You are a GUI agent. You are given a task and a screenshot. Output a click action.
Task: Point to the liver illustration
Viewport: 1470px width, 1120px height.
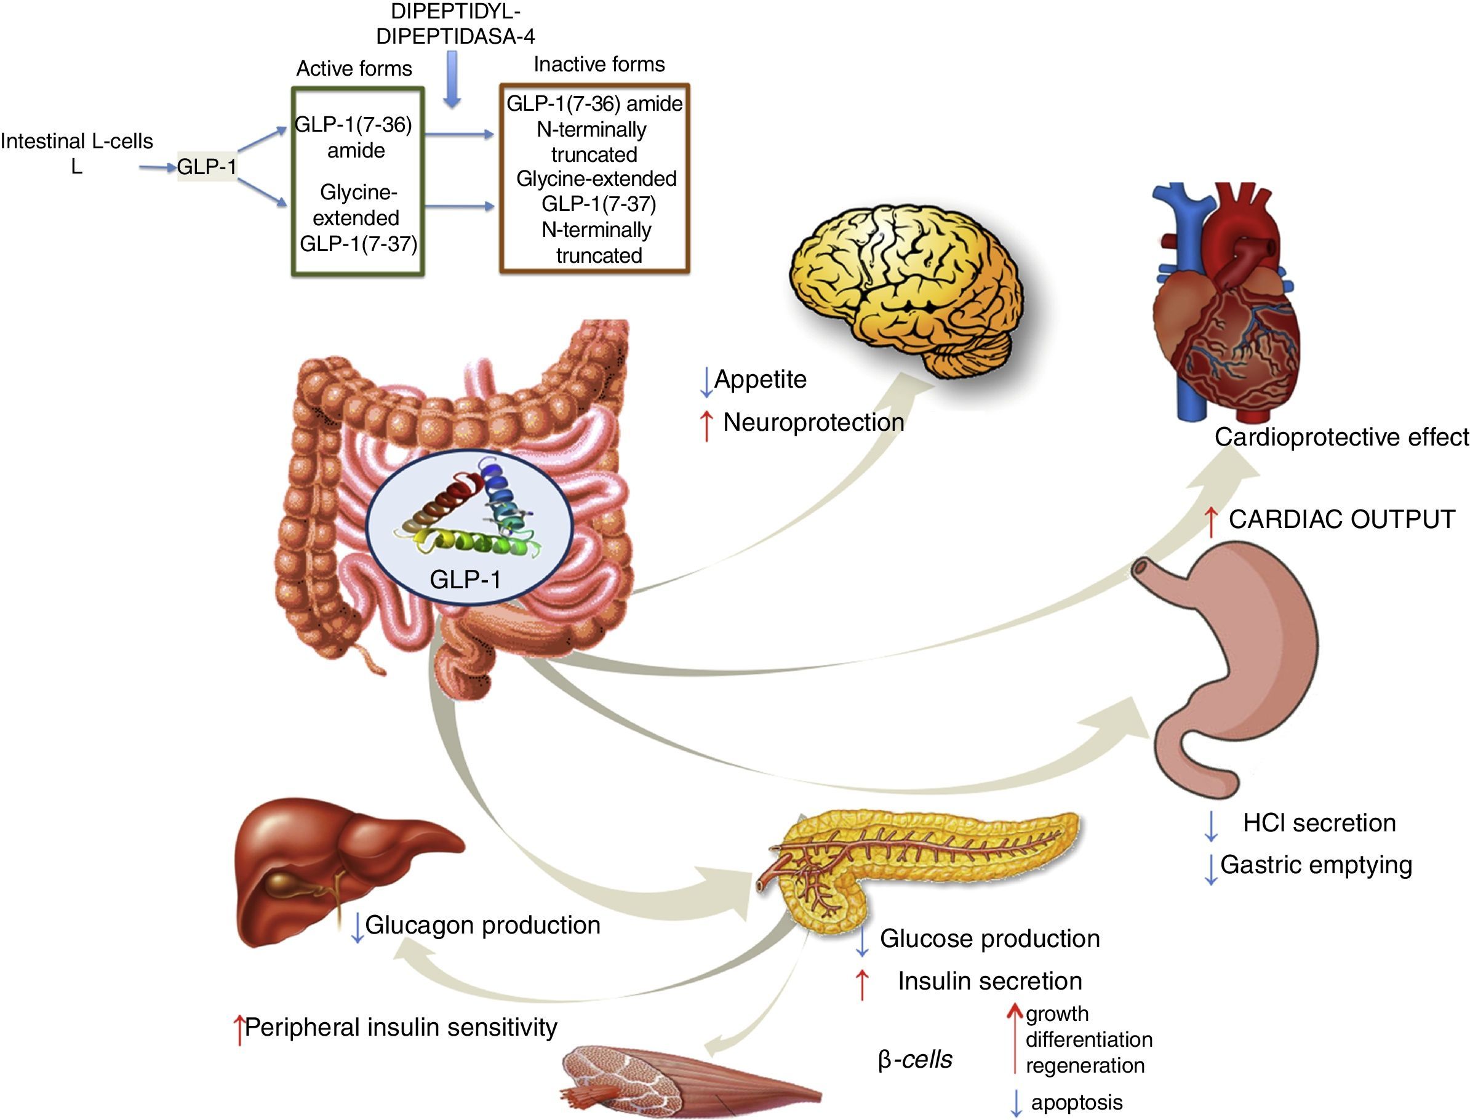point(334,866)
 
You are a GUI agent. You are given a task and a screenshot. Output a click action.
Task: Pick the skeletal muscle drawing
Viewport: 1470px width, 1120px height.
point(687,1080)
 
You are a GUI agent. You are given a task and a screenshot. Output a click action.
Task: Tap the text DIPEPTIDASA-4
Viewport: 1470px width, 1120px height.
point(455,36)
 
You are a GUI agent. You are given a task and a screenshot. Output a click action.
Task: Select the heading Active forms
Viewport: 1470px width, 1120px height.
point(354,69)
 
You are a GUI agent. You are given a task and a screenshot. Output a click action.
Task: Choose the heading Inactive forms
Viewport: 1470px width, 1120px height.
point(599,64)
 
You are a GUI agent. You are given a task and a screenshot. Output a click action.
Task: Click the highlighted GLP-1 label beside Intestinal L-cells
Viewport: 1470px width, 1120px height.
point(207,167)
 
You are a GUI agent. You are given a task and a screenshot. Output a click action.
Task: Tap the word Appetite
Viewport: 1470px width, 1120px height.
point(760,379)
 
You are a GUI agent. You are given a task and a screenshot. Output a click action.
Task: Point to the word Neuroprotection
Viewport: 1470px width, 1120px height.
point(813,422)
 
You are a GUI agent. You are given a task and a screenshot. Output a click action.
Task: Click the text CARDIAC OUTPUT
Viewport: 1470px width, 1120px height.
point(1341,519)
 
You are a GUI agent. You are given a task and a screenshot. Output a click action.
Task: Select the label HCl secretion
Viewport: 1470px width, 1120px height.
point(1319,823)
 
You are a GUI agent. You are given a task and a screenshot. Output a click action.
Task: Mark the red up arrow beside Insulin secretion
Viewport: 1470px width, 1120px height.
point(862,984)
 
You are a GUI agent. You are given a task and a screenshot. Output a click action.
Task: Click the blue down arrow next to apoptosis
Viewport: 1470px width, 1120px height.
point(1015,1103)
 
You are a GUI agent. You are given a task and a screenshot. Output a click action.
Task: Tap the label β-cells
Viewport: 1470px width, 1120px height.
point(914,1059)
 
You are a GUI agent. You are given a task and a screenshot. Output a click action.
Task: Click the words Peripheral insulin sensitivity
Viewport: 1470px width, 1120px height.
point(401,1027)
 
